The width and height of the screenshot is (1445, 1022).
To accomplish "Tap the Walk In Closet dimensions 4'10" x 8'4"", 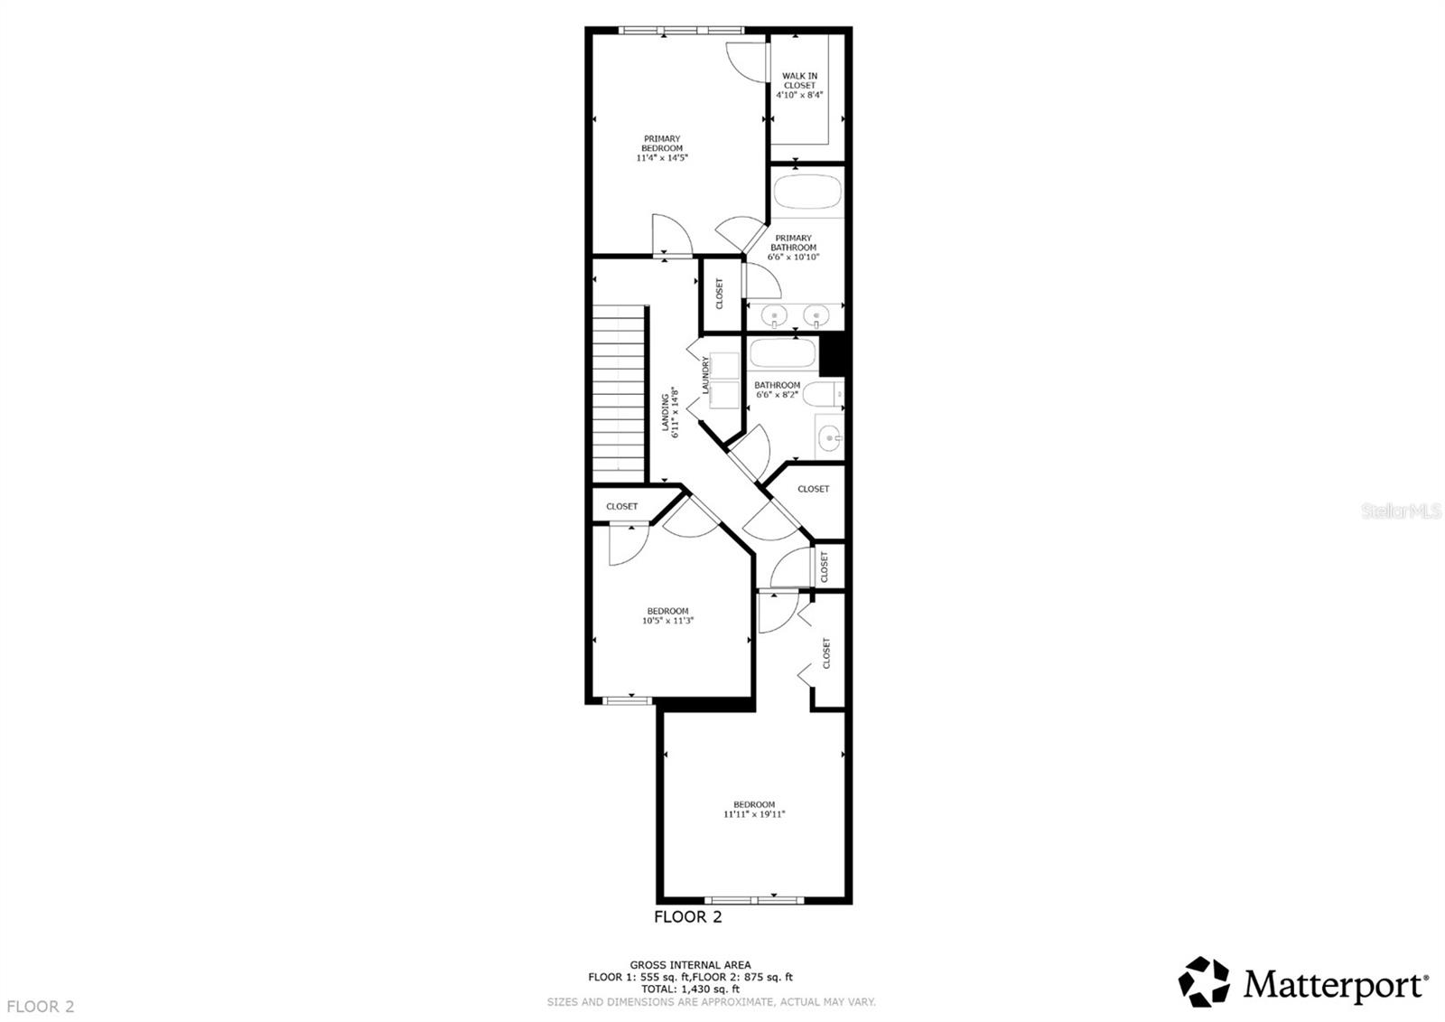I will (x=799, y=94).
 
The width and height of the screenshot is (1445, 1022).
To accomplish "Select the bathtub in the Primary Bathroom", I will (x=806, y=192).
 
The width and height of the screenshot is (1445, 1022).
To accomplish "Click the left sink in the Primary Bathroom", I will (x=775, y=316).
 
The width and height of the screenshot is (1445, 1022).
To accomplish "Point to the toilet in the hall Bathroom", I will (x=825, y=395).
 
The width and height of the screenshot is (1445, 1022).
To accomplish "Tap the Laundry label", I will (x=706, y=376).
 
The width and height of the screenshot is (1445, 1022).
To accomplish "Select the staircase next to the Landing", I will (x=620, y=394).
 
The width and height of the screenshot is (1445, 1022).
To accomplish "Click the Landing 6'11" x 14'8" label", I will (x=669, y=412).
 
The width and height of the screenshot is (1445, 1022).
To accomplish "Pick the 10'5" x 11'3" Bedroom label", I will (x=667, y=616).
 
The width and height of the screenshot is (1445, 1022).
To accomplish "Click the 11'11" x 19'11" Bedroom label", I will (x=754, y=810).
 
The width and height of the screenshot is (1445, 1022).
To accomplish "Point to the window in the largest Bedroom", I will (x=754, y=899).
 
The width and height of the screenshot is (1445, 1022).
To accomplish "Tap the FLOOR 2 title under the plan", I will (x=688, y=918).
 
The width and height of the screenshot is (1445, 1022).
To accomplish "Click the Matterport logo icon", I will (x=1204, y=981).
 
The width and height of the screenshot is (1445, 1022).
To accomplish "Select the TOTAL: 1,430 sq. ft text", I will (x=691, y=989).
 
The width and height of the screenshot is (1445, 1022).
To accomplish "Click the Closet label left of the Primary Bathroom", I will (x=720, y=294).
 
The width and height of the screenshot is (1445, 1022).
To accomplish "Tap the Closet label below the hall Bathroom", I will (x=813, y=489).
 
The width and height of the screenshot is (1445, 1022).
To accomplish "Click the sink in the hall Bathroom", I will (x=829, y=439).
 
